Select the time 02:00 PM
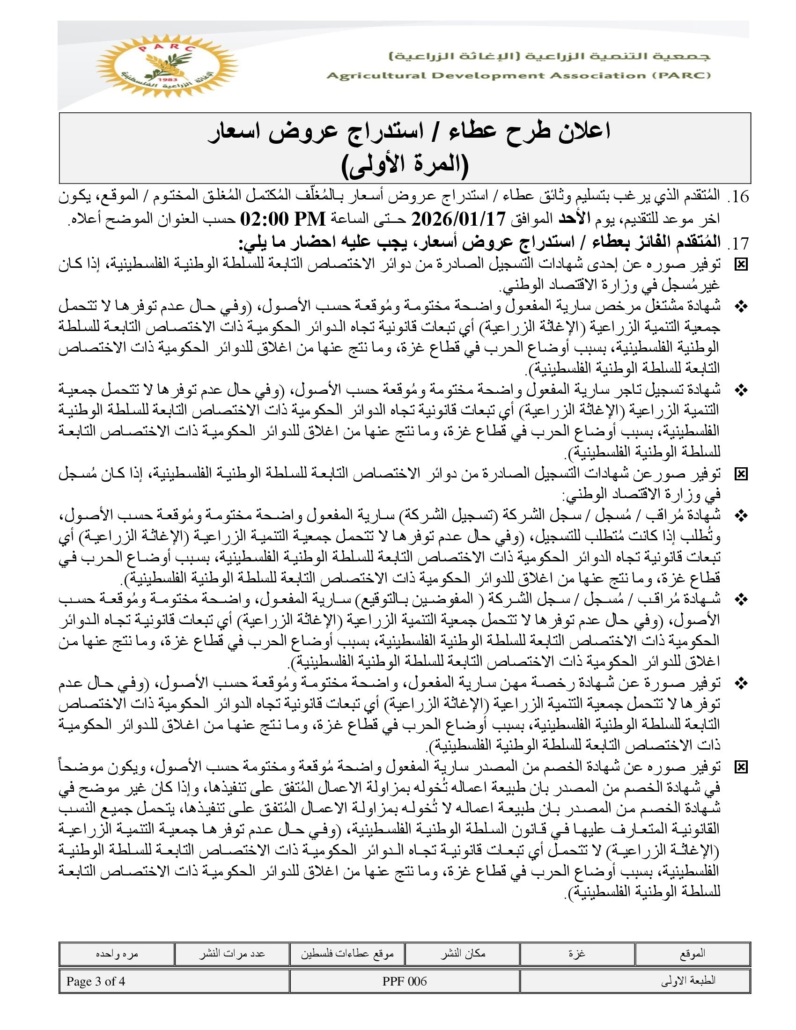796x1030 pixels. click(x=283, y=219)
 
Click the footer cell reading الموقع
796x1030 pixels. click(x=692, y=953)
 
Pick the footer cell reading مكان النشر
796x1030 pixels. click(x=463, y=953)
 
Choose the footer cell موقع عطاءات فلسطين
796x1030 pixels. click(x=347, y=953)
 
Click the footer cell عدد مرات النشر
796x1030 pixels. click(x=232, y=953)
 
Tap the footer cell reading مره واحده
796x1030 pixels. click(x=117, y=953)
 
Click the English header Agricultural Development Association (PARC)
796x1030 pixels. click(x=518, y=76)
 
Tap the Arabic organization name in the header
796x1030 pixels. click(x=549, y=57)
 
